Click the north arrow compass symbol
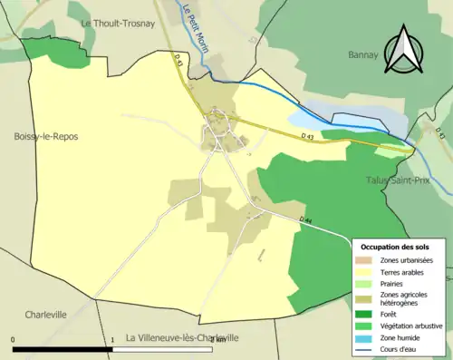(x=403, y=50)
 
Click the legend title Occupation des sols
(x=395, y=247)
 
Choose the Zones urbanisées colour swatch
(x=366, y=260)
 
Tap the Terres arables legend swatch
(x=366, y=271)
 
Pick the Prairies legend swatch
(x=366, y=283)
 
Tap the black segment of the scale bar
(x=62, y=349)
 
